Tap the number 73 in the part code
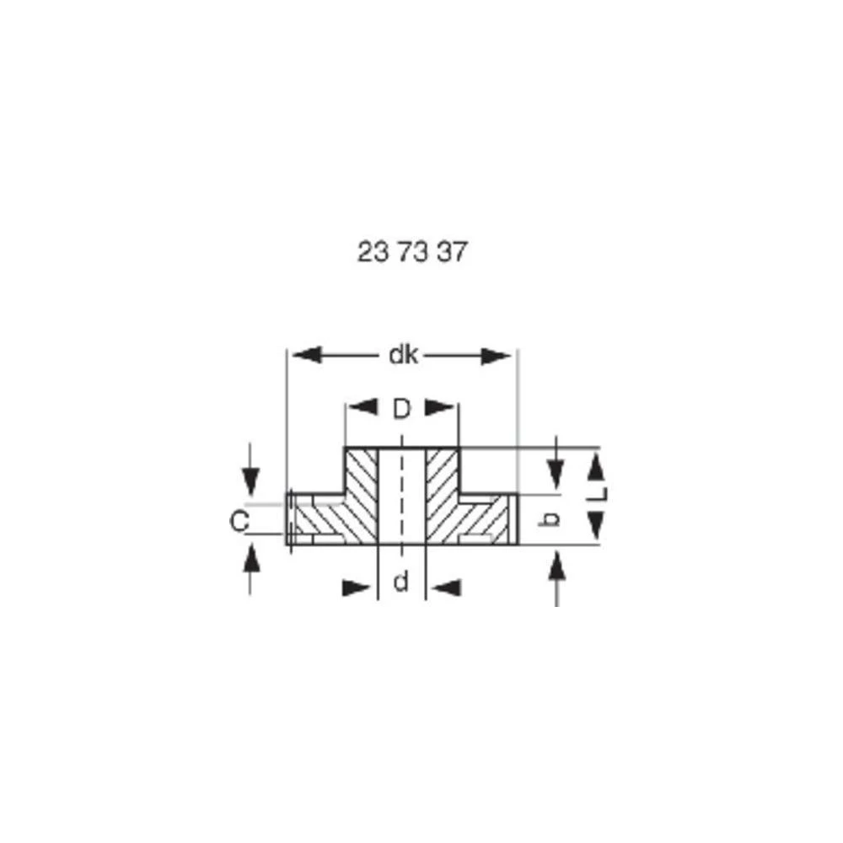tap(412, 252)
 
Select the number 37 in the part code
tap(451, 252)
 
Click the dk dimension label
tap(403, 356)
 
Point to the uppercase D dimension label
tap(402, 409)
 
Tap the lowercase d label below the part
tap(401, 582)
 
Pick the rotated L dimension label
tap(598, 494)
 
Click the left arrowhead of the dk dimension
tap(304, 356)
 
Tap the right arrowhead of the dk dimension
tap(497, 356)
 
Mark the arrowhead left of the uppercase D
tap(362, 409)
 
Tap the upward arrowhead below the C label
tap(250, 558)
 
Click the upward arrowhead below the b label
tap(556, 566)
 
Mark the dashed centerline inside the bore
tap(401, 493)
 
